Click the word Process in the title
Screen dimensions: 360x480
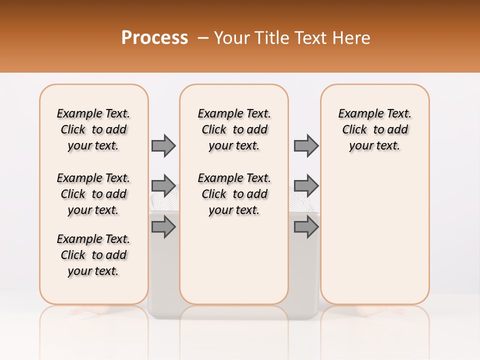(154, 38)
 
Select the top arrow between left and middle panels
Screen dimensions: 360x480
(163, 145)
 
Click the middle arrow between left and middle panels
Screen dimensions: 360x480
(163, 186)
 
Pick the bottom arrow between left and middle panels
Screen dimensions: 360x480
(163, 227)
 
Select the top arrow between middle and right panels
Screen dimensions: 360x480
(306, 145)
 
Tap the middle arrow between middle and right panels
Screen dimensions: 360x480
(306, 186)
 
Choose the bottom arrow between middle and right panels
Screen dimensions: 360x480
(306, 227)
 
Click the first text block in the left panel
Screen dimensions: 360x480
(93, 129)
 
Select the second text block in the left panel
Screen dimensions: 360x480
(93, 194)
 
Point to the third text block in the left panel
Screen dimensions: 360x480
(93, 255)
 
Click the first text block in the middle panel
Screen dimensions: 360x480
(234, 129)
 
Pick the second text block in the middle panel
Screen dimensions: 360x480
(234, 194)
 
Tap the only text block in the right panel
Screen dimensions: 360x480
(374, 129)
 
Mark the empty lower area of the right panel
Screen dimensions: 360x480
(374, 235)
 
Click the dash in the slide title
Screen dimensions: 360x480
(203, 38)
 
